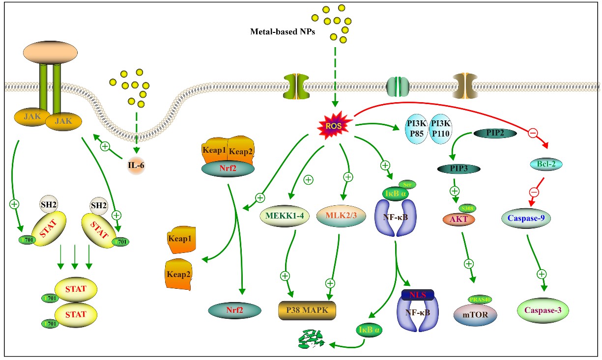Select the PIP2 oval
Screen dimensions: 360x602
[x=494, y=133]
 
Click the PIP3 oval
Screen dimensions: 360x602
[x=459, y=168]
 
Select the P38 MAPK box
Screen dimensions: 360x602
[x=307, y=310]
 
